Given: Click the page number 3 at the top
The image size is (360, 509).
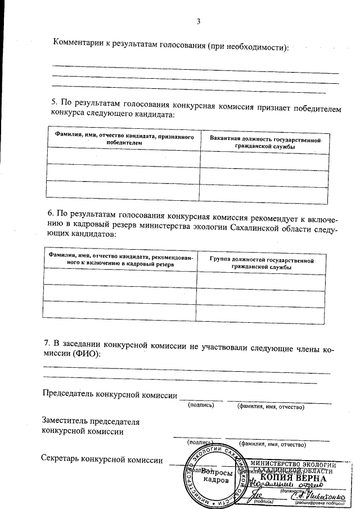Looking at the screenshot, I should [197, 21].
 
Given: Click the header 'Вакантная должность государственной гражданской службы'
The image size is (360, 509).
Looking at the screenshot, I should [265, 142].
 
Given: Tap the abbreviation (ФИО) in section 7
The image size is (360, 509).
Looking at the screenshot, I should [86, 354].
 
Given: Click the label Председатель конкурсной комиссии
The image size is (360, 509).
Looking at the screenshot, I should [110, 393].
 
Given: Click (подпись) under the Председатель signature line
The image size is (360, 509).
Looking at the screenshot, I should [201, 406].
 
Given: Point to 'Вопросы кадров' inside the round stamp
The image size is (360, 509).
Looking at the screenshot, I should [216, 477].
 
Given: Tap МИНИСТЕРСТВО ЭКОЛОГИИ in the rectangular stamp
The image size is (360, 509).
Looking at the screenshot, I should [296, 463].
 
